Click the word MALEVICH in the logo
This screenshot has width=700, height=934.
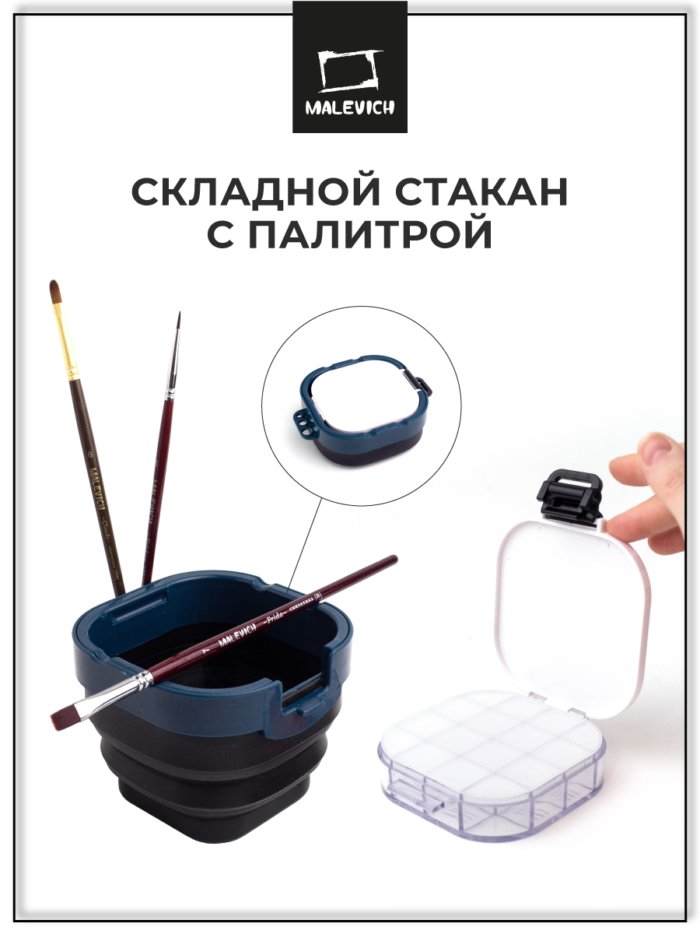coord(349,107)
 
